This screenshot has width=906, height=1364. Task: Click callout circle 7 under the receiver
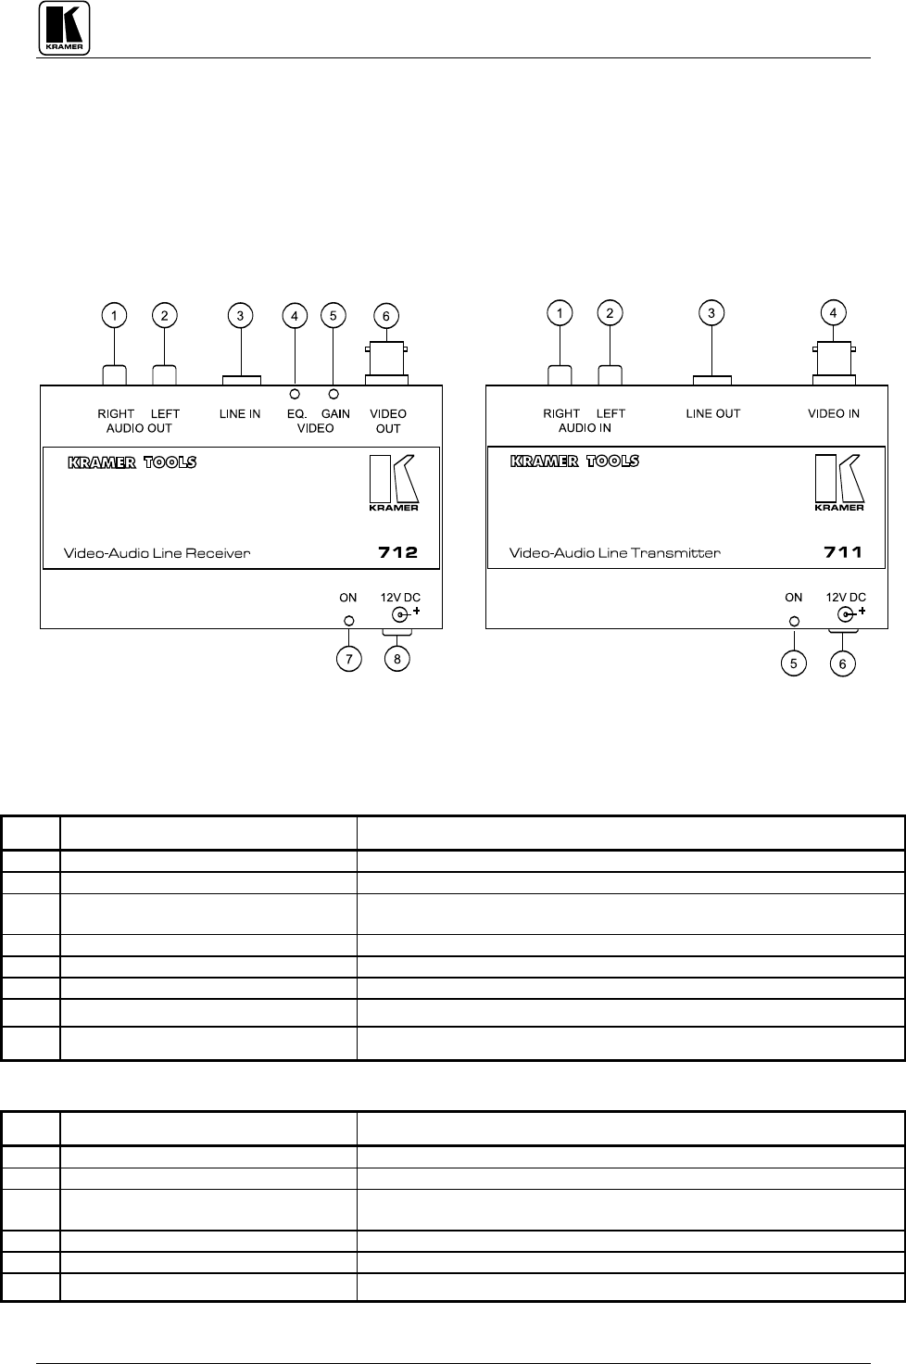(348, 659)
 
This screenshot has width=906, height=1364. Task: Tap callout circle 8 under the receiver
(398, 659)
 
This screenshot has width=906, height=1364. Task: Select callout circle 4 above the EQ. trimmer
(295, 316)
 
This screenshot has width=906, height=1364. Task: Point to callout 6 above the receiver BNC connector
(387, 316)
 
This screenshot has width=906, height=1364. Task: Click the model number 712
(398, 553)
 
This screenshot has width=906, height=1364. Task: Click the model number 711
(843, 553)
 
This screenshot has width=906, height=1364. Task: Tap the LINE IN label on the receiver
(240, 414)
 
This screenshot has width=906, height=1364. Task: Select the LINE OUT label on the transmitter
(712, 414)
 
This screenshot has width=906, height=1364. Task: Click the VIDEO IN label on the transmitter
(834, 414)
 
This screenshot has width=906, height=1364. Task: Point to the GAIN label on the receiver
(335, 414)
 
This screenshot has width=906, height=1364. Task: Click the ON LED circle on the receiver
(348, 621)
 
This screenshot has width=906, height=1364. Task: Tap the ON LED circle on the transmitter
(793, 621)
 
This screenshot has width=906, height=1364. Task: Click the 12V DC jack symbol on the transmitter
(845, 615)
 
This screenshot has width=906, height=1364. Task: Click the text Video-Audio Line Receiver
(157, 553)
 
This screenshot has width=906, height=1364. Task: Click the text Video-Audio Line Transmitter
(615, 553)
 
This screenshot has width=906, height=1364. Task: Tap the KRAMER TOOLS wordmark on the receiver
(132, 462)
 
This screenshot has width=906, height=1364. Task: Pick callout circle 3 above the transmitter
(711, 313)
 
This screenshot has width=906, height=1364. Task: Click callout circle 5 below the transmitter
(793, 663)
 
